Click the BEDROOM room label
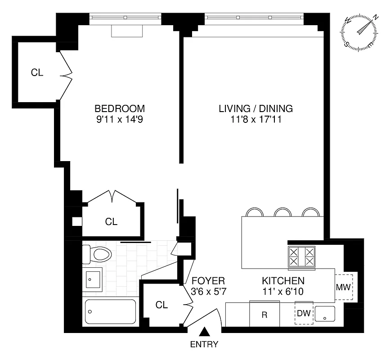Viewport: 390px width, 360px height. pos(119,108)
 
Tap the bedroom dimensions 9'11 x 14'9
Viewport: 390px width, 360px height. pos(119,120)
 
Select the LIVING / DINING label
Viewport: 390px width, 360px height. pos(256,108)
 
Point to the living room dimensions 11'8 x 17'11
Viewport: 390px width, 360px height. pos(256,120)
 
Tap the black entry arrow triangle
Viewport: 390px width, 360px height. pos(204,332)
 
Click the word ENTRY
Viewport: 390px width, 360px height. pos(204,345)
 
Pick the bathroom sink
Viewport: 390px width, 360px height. pos(92,279)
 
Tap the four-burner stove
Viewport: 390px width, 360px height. pos(301,256)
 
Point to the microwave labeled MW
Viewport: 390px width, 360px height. pos(344,287)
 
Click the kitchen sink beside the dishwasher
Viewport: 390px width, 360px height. pos(324,314)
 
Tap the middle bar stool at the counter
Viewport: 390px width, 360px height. pos(282,212)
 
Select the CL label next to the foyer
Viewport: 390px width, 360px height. pos(161,305)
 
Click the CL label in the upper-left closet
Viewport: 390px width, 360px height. pos(37,72)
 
